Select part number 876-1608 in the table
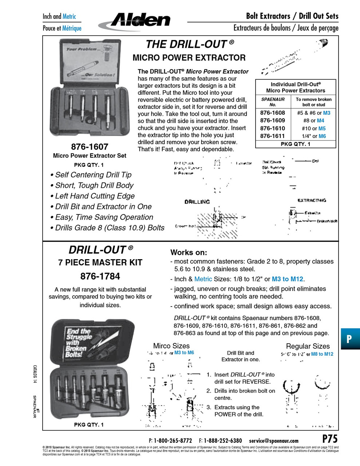click(272, 113)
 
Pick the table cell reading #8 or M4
click(313, 121)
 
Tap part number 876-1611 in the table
click(272, 136)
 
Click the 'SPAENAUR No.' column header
click(273, 102)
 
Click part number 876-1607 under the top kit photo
click(90, 147)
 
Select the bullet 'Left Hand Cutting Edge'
click(95, 196)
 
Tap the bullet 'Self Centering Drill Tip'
click(93, 175)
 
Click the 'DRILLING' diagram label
click(197, 202)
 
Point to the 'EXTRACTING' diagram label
click(312, 200)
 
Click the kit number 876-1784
click(100, 276)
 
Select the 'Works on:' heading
click(189, 252)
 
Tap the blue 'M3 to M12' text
click(287, 279)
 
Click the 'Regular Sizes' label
click(308, 346)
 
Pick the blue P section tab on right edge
click(350, 339)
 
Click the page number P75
click(330, 438)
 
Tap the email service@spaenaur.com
click(273, 441)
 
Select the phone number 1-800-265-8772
click(173, 441)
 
